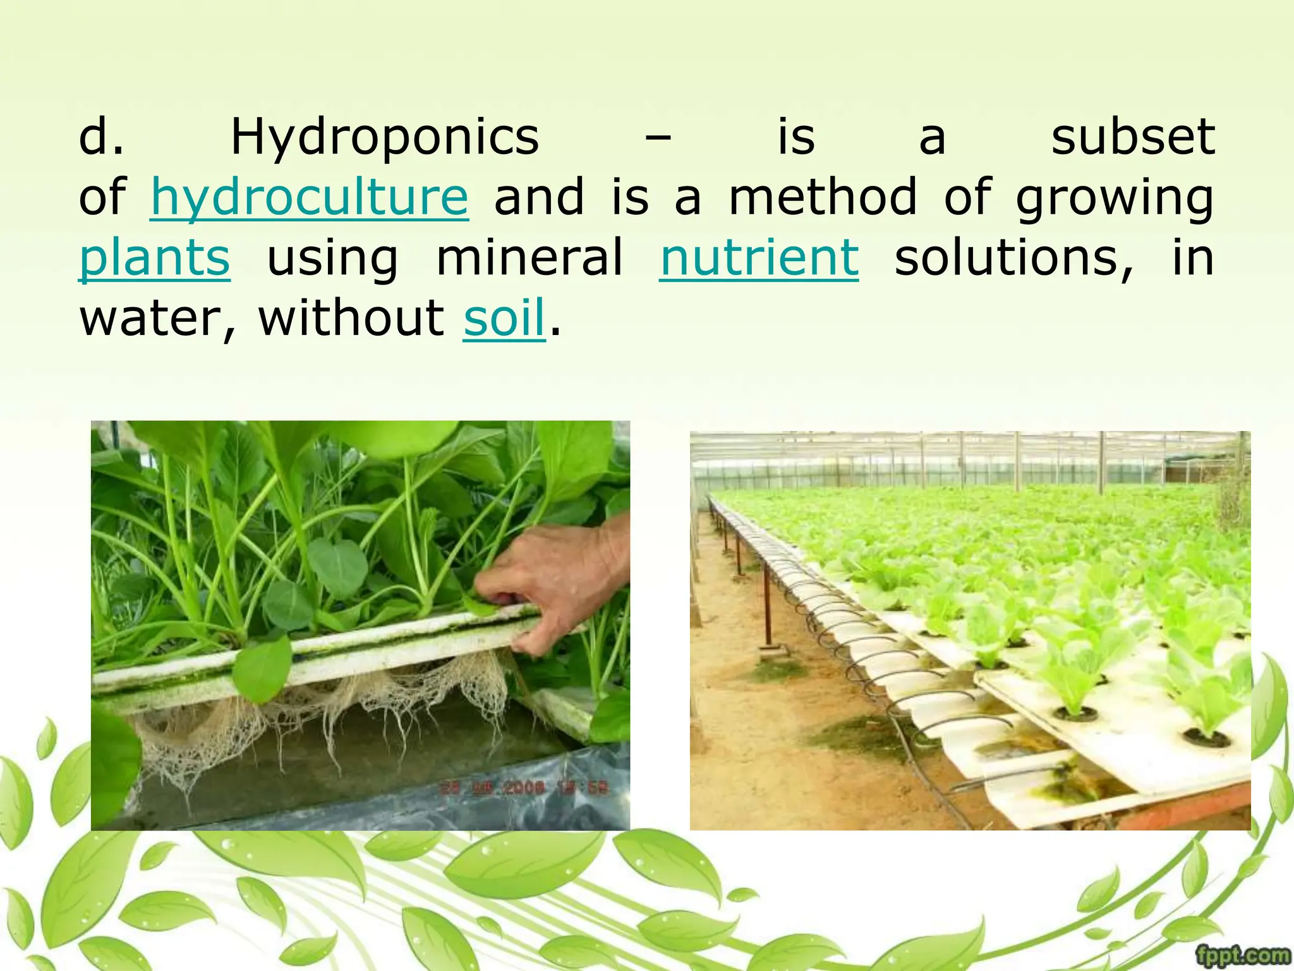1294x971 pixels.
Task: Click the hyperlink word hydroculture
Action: [x=309, y=198]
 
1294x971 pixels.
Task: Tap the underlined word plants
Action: [x=155, y=259]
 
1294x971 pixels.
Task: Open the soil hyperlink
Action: [x=504, y=317]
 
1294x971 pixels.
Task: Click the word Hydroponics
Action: [x=385, y=137]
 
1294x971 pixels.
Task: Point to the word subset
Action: [x=1133, y=137]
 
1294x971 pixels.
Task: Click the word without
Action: [x=351, y=317]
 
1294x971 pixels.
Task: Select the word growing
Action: [x=1115, y=198]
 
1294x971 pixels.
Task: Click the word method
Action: [x=822, y=197]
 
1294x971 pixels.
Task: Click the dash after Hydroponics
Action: [x=658, y=138]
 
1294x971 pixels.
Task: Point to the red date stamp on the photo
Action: [x=524, y=788]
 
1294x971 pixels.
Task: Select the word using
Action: [x=333, y=259]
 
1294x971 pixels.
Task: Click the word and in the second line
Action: [x=539, y=197]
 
